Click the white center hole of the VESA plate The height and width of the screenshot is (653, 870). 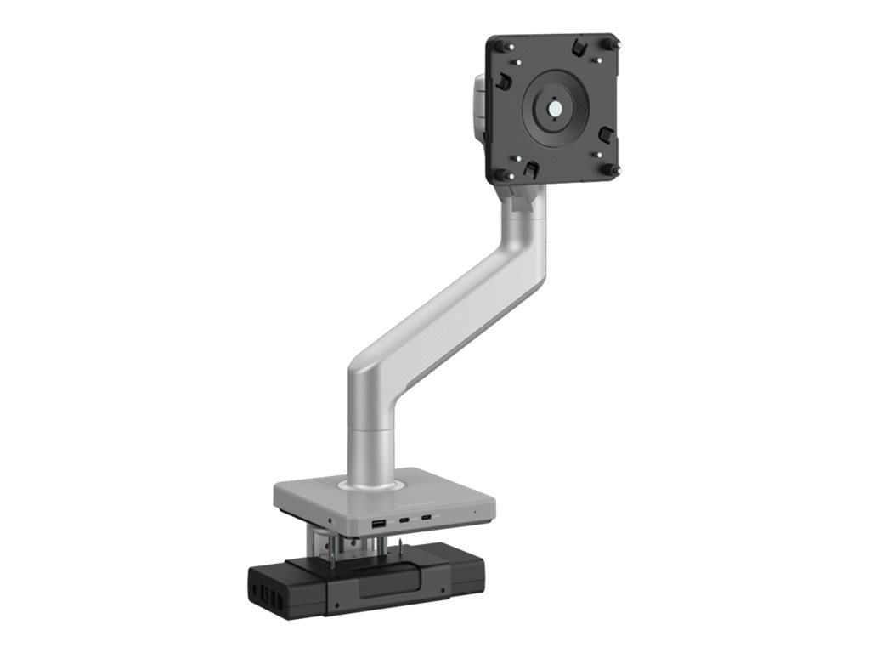(554, 110)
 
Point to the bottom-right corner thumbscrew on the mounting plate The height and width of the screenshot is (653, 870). (612, 170)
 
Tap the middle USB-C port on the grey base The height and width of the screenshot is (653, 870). (404, 520)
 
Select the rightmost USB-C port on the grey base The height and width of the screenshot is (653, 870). (426, 516)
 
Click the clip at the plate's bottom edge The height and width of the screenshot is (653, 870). (528, 169)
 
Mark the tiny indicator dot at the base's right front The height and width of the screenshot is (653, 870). (474, 513)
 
